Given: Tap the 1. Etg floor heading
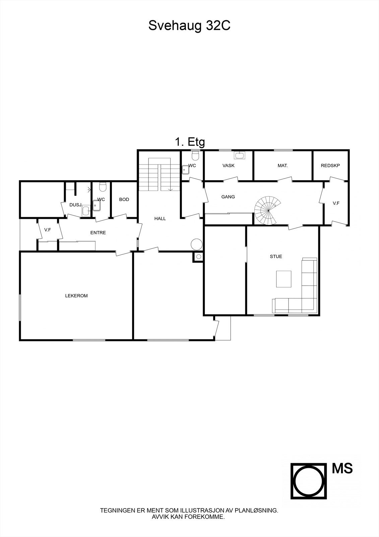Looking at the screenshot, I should click(x=190, y=142).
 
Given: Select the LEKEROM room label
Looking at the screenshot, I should click(x=76, y=296).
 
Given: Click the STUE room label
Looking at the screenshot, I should click(x=276, y=256).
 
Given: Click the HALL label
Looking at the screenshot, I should click(x=160, y=218).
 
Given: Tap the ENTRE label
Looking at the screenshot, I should click(x=98, y=233).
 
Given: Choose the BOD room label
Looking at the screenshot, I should click(x=124, y=199).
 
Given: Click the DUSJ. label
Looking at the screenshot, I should click(x=76, y=205).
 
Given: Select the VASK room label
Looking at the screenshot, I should click(x=229, y=165).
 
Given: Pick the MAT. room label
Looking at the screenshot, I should click(x=283, y=165).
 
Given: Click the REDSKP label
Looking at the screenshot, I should click(x=330, y=165).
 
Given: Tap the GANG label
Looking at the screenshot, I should click(x=228, y=197).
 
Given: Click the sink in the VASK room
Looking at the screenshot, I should click(x=239, y=155).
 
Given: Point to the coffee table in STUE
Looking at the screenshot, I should click(x=284, y=279).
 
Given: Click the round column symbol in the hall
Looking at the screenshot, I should click(x=196, y=244).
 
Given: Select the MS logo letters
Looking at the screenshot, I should click(x=342, y=468).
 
